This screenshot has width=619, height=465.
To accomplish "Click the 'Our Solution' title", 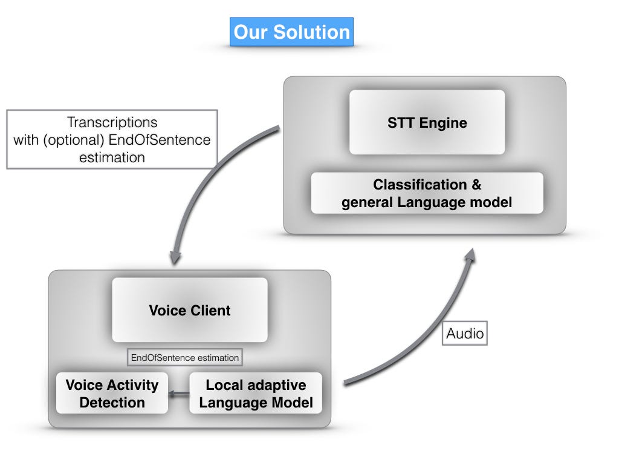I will click(291, 32).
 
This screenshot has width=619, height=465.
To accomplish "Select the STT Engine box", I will click(427, 123).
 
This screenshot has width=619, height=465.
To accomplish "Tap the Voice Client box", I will click(190, 311).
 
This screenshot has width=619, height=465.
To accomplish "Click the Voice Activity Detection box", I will click(112, 394).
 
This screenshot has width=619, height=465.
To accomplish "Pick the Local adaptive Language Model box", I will click(256, 394).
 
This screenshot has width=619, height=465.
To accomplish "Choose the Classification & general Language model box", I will click(427, 193).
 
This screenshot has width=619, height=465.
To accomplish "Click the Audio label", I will click(464, 333).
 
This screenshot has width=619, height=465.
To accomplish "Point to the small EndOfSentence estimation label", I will click(185, 358).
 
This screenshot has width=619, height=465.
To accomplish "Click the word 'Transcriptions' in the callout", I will click(112, 122).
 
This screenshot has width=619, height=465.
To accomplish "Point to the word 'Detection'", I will click(112, 403).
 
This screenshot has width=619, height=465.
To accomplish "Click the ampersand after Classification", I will click(476, 185).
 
